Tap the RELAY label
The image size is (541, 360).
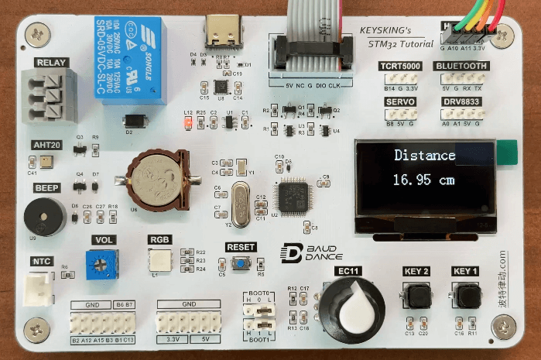[51, 63]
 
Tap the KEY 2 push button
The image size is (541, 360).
[416, 296]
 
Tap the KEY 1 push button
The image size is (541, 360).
[464, 296]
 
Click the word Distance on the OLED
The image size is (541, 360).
[424, 155]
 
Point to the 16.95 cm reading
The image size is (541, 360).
[423, 180]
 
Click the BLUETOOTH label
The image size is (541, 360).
[461, 67]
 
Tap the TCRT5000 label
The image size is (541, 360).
[399, 67]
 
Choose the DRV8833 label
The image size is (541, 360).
[461, 101]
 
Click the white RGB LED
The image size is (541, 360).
[160, 260]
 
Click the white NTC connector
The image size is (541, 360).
[41, 289]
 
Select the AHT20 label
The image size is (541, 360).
[46, 145]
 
